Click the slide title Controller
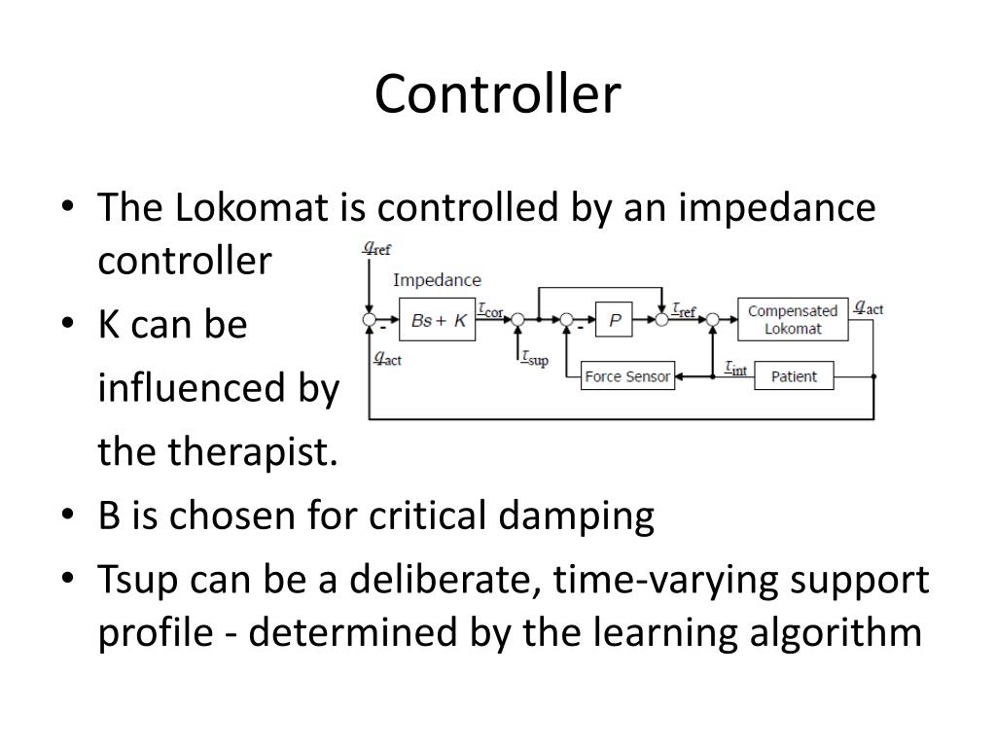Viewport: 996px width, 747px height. tap(497, 95)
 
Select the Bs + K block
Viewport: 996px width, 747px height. tap(438, 320)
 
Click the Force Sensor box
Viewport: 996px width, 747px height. tap(627, 376)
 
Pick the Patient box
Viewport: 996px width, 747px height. tap(794, 376)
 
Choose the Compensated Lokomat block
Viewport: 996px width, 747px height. tap(792, 320)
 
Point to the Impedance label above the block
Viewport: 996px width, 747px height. tap(437, 280)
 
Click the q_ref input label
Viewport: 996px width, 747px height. tap(377, 248)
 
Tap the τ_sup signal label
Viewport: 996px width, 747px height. tap(533, 359)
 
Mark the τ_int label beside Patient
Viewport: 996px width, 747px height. tap(735, 369)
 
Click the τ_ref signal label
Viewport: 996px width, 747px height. tap(685, 309)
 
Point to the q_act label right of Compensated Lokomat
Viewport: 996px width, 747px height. tap(868, 308)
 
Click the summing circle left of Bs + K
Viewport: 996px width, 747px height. tap(369, 319)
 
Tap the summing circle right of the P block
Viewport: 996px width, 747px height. tap(661, 319)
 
